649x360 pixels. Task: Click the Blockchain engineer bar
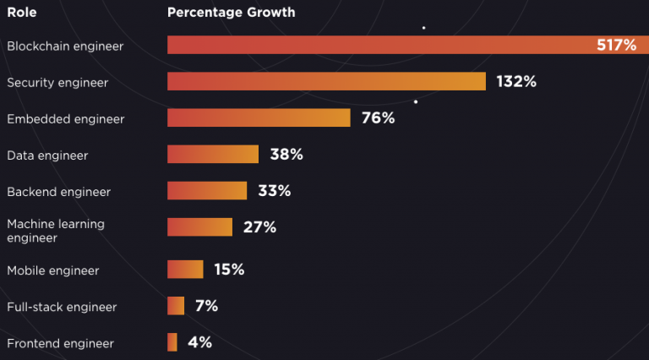tap(408, 45)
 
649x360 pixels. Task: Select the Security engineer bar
tap(326, 81)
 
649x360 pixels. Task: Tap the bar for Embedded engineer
tap(259, 117)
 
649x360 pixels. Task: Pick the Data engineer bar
tap(213, 154)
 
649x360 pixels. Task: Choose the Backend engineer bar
tap(207, 190)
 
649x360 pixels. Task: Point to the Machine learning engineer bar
tap(199, 226)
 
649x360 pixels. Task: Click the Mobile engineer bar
tap(185, 270)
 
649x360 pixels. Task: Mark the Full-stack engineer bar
tap(176, 306)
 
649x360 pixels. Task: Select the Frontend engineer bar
tap(172, 342)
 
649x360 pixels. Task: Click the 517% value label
tap(616, 45)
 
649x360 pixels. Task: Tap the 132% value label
tap(516, 81)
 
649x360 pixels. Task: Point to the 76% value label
tap(378, 118)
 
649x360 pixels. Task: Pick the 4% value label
tap(200, 342)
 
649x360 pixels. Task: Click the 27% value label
tap(259, 227)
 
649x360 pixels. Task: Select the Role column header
tap(21, 13)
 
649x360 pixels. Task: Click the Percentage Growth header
tap(231, 13)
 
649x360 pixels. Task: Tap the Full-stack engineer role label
tap(62, 307)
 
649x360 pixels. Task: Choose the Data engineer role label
tap(47, 155)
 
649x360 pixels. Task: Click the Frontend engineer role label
tap(60, 343)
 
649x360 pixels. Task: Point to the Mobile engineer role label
tap(53, 270)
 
